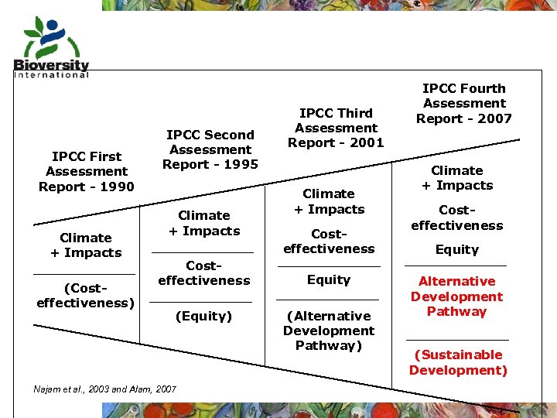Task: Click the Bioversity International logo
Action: click(51, 46)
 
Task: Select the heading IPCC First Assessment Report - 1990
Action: click(87, 171)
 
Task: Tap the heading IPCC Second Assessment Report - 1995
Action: click(210, 149)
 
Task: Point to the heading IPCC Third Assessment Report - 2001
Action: click(336, 128)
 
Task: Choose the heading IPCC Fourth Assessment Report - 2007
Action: click(464, 103)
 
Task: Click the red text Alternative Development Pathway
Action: click(456, 296)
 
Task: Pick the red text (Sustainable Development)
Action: click(458, 362)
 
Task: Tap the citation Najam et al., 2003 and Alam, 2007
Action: click(105, 389)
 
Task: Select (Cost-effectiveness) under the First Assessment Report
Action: click(85, 295)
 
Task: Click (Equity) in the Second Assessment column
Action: click(203, 316)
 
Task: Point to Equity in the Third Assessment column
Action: click(329, 279)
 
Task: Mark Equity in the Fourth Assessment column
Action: click(456, 249)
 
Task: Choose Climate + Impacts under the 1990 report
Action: click(86, 245)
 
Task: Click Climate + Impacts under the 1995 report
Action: click(204, 223)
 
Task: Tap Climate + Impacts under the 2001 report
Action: click(329, 201)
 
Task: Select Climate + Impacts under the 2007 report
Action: click(456, 177)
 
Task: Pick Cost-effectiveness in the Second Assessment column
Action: click(203, 272)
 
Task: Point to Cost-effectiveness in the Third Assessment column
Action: click(329, 241)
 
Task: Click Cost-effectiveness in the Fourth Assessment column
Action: click(456, 218)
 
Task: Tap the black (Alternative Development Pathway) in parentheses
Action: click(329, 331)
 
